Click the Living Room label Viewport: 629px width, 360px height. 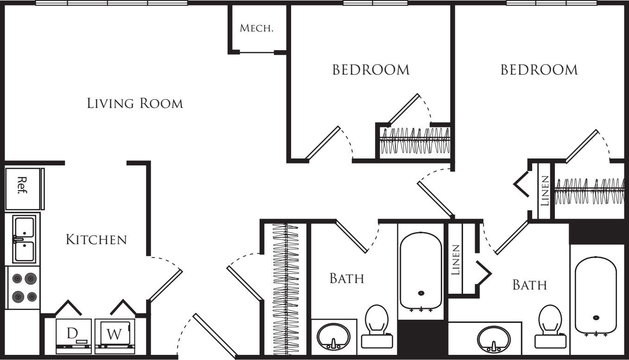(135, 103)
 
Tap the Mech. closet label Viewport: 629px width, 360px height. (256, 28)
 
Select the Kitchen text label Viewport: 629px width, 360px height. (96, 240)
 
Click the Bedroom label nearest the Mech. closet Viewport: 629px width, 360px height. (371, 70)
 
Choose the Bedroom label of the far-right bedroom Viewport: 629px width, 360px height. (540, 70)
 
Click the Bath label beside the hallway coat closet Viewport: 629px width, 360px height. (346, 279)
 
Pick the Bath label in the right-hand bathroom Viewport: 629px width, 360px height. (529, 285)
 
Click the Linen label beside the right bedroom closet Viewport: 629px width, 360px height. (545, 191)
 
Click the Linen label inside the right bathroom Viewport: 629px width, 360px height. (456, 261)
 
